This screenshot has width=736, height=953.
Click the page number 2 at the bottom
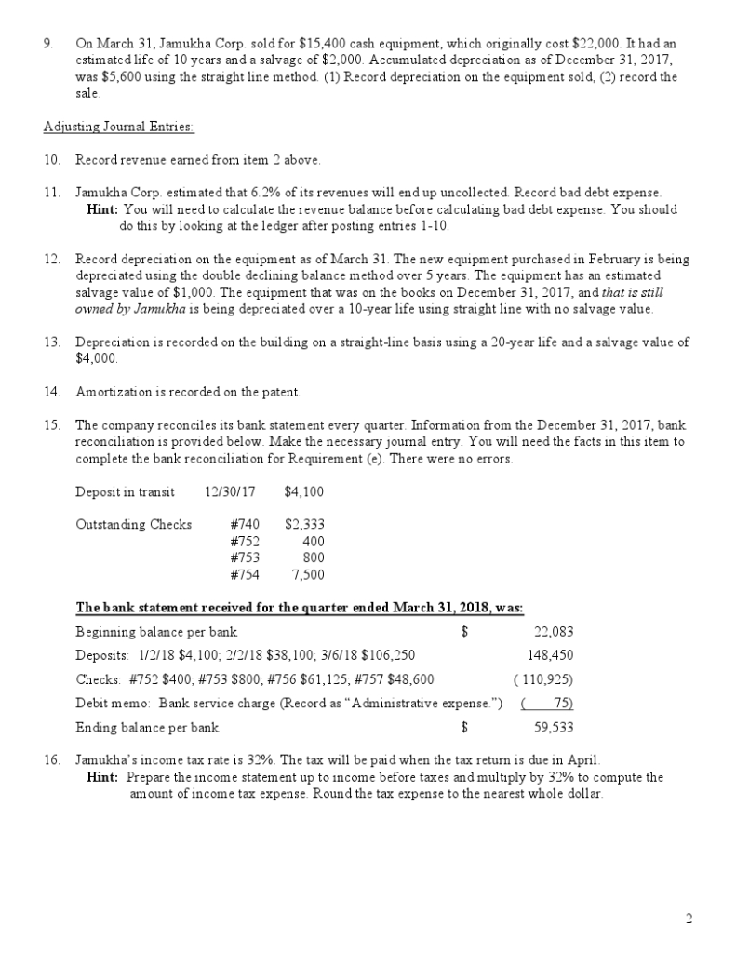click(689, 919)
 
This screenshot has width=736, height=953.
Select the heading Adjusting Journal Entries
click(119, 126)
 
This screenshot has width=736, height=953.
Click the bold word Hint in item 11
click(101, 209)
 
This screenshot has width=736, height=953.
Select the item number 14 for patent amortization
click(51, 392)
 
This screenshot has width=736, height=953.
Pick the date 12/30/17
click(229, 491)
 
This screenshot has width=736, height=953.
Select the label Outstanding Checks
click(133, 524)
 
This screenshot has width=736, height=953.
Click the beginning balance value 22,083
click(554, 632)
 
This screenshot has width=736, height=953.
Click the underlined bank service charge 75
click(561, 703)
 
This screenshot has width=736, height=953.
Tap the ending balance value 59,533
click(554, 727)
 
